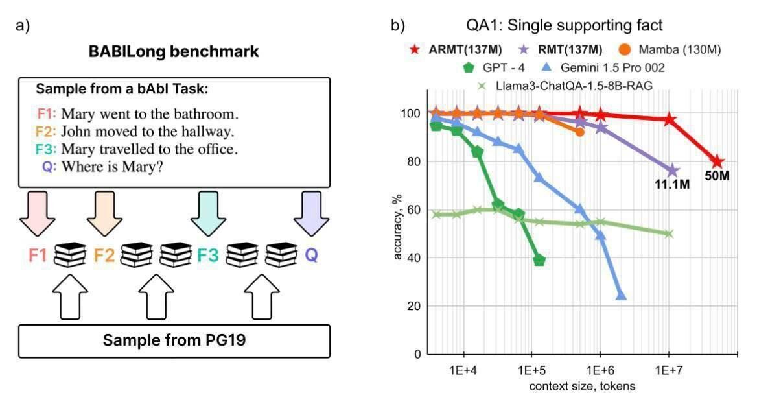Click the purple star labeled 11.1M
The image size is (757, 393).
point(672,171)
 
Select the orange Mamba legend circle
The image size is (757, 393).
point(625,49)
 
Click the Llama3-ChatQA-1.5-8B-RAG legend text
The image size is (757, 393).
point(566,84)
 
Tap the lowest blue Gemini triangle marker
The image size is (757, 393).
point(621,295)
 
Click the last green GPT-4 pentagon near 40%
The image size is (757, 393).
point(539,260)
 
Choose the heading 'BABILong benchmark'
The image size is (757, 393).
point(174,52)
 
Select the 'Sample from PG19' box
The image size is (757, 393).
point(174,340)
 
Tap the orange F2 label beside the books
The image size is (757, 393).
point(104,255)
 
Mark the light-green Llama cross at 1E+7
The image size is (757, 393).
point(669,233)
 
